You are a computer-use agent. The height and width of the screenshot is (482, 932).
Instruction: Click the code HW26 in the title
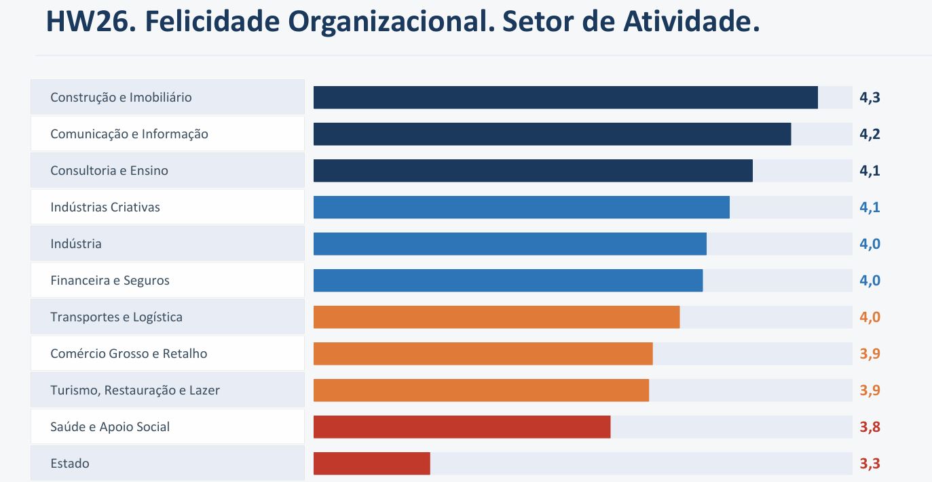tap(91, 21)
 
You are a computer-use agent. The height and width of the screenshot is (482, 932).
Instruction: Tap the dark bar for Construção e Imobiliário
tap(565, 97)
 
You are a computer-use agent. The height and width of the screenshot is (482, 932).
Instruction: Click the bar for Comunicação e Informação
tap(552, 134)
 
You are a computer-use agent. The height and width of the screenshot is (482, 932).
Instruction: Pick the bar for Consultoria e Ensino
tap(533, 170)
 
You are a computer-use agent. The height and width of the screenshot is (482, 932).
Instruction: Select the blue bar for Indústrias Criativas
tap(521, 207)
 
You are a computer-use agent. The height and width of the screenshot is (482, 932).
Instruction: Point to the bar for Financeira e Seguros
tap(508, 280)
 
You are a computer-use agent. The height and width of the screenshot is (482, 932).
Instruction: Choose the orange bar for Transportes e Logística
tap(496, 317)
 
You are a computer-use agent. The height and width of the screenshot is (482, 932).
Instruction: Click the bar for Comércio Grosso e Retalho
tap(483, 354)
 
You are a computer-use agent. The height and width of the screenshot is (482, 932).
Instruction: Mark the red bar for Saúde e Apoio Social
tap(462, 426)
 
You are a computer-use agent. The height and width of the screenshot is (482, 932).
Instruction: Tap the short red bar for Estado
tap(371, 463)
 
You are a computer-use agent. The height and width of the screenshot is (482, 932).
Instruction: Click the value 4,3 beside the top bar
tap(870, 98)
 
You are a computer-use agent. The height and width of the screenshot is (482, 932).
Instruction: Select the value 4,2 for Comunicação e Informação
tap(870, 134)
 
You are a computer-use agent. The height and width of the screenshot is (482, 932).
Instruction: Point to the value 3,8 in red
tap(870, 427)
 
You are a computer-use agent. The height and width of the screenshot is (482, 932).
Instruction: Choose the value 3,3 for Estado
tap(870, 464)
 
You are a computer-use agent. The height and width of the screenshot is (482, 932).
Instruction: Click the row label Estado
tap(70, 463)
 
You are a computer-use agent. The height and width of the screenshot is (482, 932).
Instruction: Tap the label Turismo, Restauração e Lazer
tap(135, 390)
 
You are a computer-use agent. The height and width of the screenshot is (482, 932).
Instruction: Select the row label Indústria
tap(76, 243)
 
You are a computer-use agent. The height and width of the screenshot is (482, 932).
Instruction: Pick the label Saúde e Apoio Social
tap(110, 426)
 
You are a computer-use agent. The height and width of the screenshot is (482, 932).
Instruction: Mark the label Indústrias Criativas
tap(105, 207)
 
